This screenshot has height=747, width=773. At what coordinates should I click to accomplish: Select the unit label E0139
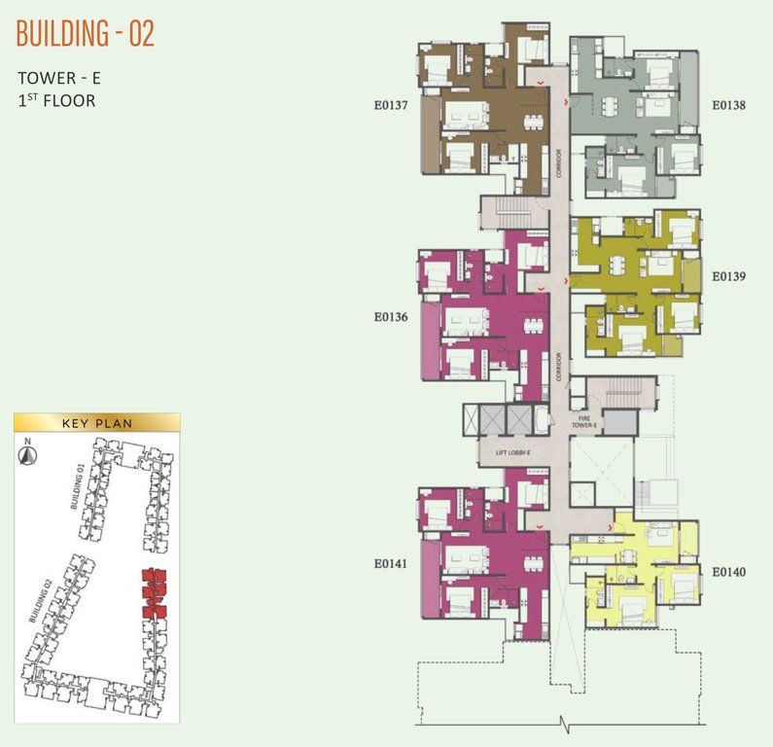coord(728,276)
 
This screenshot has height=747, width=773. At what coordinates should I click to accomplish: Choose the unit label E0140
coord(728,572)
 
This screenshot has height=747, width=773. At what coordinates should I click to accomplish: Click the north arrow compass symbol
coord(29,450)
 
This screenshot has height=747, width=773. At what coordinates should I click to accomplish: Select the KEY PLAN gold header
coord(96,423)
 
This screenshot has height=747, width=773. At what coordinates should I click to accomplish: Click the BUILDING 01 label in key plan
coord(80,486)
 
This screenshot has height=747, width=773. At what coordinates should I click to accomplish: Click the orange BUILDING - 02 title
coord(86,33)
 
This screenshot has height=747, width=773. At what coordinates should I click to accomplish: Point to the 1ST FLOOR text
coord(56,100)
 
